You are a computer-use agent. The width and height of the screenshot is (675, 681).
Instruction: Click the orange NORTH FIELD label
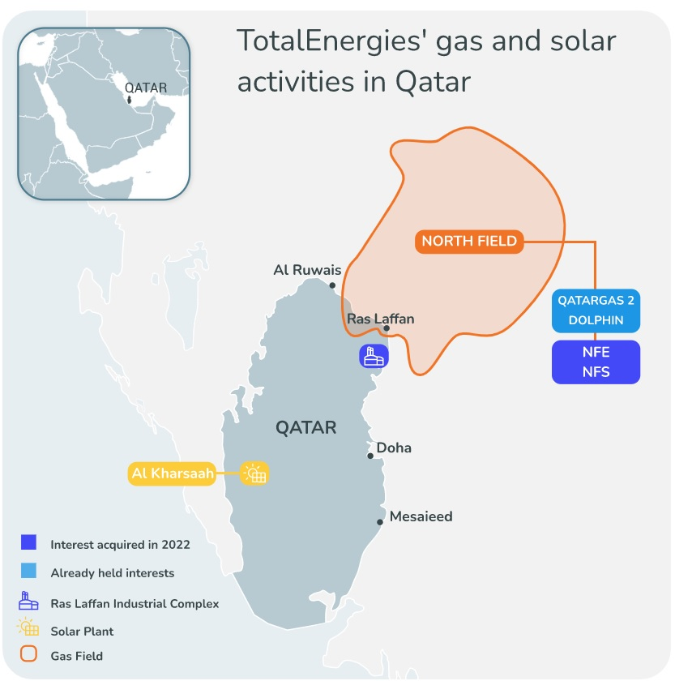[x=469, y=241]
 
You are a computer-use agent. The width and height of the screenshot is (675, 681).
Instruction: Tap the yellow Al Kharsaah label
[x=172, y=473]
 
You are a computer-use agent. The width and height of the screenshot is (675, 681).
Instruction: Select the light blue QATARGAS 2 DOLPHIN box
[x=596, y=310]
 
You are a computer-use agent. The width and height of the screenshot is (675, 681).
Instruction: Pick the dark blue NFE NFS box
[x=596, y=362]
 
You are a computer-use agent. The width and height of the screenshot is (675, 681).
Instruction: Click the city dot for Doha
[x=370, y=456]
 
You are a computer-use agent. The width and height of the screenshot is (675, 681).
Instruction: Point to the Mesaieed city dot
[x=380, y=523]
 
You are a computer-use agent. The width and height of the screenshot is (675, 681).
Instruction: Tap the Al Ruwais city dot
[x=332, y=285]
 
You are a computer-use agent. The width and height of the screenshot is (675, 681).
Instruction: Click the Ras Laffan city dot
[x=387, y=328]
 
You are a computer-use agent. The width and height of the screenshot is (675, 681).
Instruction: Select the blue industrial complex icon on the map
[x=374, y=355]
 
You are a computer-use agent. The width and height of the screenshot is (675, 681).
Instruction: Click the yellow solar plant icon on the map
[x=254, y=473]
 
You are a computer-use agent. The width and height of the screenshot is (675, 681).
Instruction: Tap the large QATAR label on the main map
[x=305, y=427]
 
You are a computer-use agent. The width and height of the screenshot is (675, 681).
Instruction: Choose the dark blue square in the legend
[x=30, y=543]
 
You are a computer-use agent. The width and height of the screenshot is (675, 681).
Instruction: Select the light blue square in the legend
[x=30, y=572]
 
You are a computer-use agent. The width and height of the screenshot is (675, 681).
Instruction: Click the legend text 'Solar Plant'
[x=82, y=631]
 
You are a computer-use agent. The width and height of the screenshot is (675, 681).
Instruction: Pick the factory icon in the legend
[x=30, y=602]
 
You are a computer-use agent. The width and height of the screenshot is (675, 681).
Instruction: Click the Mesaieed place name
[x=421, y=516]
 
